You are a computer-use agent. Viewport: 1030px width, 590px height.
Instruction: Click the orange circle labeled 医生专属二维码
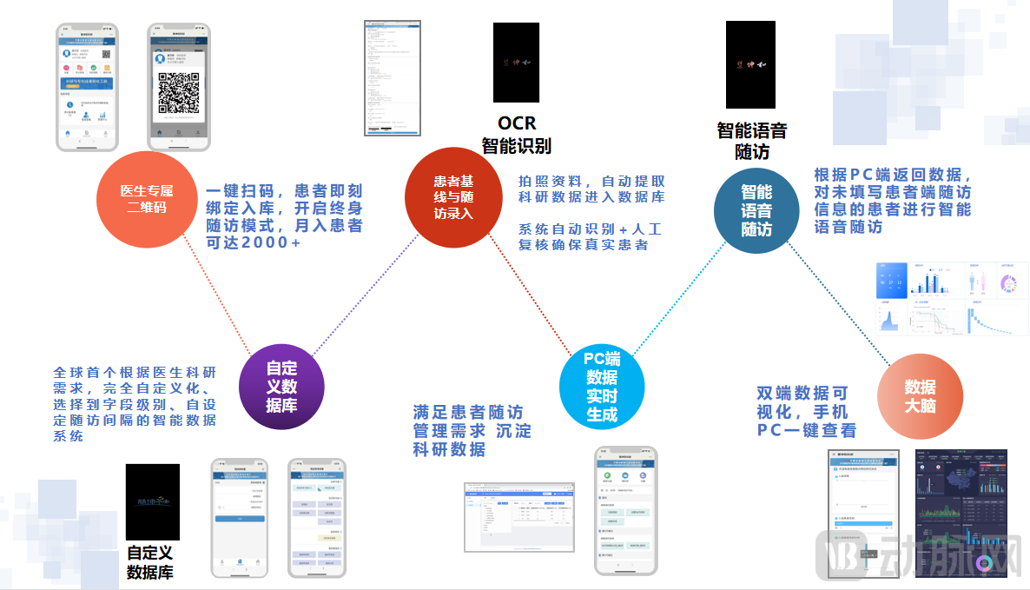click(146, 197)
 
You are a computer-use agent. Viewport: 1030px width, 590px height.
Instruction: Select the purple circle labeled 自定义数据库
click(281, 385)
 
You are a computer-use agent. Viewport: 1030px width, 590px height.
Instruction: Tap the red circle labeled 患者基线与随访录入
click(453, 196)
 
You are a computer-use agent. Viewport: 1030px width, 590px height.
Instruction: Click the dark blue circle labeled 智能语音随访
click(756, 211)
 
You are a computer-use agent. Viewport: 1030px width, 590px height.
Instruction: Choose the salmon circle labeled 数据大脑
click(920, 396)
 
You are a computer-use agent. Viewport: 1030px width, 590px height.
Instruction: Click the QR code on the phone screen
click(179, 91)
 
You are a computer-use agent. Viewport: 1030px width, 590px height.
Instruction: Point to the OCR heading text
click(517, 123)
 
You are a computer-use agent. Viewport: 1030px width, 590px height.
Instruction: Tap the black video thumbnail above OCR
click(516, 63)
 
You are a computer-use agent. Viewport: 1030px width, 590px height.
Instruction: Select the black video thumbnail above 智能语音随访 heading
click(750, 64)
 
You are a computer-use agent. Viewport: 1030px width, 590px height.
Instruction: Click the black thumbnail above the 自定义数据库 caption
click(153, 501)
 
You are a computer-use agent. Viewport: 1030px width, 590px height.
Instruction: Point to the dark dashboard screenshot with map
click(961, 513)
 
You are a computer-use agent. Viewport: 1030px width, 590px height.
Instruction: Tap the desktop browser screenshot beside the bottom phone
click(519, 515)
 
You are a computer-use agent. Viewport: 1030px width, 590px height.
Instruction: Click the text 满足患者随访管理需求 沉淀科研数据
click(472, 430)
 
